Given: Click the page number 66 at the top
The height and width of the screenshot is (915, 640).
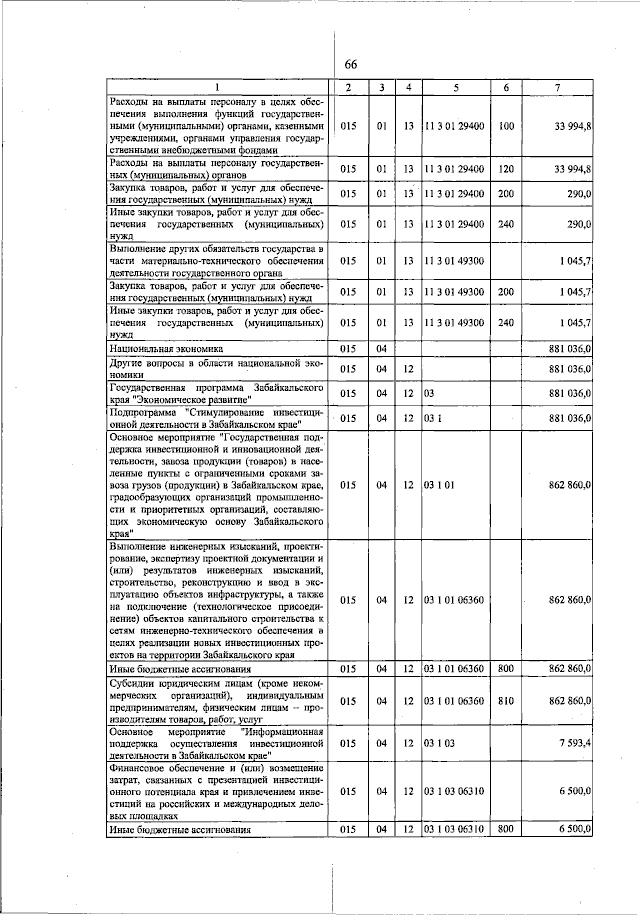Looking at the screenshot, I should point(351,65).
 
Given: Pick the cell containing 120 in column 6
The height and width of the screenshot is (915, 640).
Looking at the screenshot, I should point(505,169).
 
